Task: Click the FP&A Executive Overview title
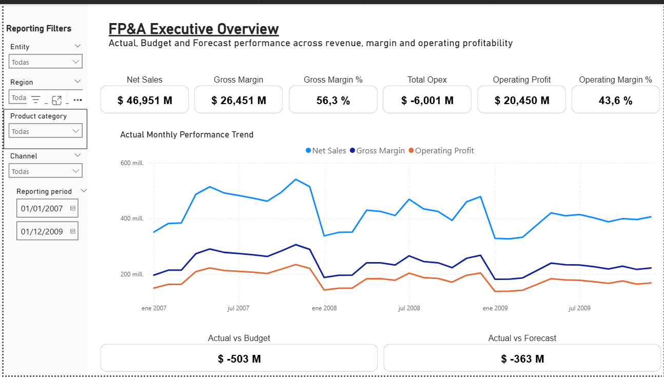pyautogui.click(x=193, y=29)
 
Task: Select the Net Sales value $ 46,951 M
pyautogui.click(x=145, y=101)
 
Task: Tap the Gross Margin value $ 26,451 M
pyautogui.click(x=239, y=101)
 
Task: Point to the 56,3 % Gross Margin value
pyautogui.click(x=333, y=101)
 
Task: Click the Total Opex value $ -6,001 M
pyautogui.click(x=427, y=101)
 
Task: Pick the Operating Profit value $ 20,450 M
pyautogui.click(x=522, y=101)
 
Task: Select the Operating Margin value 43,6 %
pyautogui.click(x=615, y=101)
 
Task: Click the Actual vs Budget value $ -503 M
pyautogui.click(x=239, y=359)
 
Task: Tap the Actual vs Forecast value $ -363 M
pyautogui.click(x=522, y=359)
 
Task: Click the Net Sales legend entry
pyautogui.click(x=328, y=151)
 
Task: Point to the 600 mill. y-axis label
pyautogui.click(x=132, y=163)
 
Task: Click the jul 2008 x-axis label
pyautogui.click(x=409, y=308)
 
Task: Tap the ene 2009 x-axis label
pyautogui.click(x=495, y=308)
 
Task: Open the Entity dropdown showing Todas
pyautogui.click(x=46, y=62)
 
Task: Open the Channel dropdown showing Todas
pyautogui.click(x=46, y=171)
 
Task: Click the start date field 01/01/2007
pyautogui.click(x=42, y=209)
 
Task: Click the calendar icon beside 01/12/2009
pyautogui.click(x=72, y=231)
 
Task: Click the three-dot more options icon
pyautogui.click(x=77, y=100)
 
